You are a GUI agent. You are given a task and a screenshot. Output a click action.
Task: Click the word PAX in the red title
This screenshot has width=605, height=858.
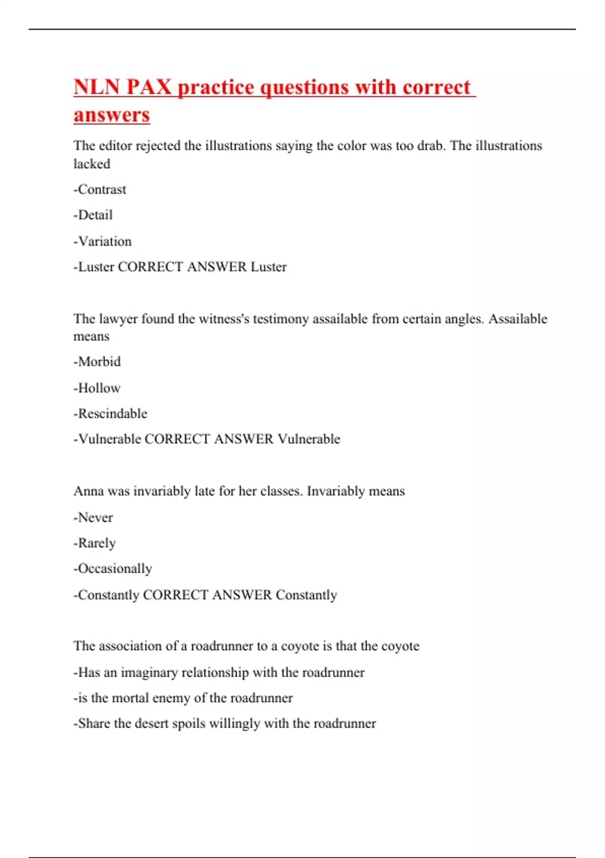click(149, 87)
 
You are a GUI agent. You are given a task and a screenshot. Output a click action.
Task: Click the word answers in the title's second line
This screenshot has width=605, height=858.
click(111, 115)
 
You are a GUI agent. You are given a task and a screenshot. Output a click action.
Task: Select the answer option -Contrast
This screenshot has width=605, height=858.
click(100, 190)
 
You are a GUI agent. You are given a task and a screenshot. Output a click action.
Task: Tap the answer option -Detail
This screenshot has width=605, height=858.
click(93, 216)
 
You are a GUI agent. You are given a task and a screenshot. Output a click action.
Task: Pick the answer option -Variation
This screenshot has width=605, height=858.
click(102, 241)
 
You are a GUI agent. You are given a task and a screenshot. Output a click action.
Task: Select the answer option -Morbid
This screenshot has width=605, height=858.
click(97, 362)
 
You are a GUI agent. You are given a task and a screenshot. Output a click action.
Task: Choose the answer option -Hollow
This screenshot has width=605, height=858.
click(97, 388)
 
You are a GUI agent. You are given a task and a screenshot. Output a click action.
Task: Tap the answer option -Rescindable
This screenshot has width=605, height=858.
click(110, 414)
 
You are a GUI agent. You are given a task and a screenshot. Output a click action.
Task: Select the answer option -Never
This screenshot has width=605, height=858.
click(93, 517)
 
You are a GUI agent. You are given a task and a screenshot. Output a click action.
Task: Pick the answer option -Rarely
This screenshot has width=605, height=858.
click(95, 544)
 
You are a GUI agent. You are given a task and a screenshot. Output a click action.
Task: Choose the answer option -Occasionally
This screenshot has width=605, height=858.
click(113, 569)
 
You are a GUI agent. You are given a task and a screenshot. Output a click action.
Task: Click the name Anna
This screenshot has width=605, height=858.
click(88, 492)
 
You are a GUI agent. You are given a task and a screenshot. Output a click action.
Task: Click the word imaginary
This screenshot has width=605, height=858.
click(149, 672)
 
